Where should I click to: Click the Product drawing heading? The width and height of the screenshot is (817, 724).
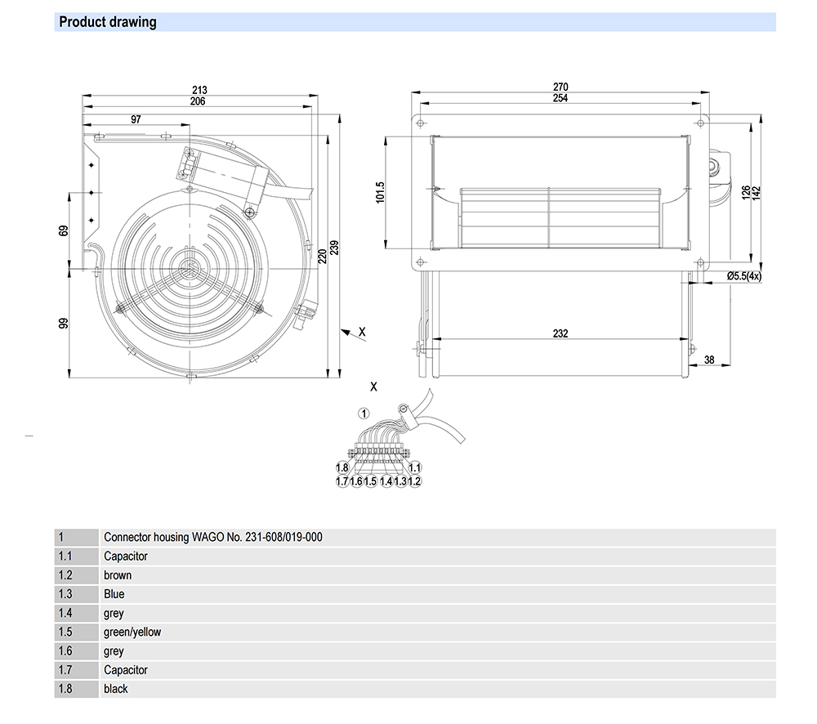(108, 22)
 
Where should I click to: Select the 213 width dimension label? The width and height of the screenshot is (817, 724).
(199, 90)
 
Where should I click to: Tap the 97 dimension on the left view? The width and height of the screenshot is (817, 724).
(136, 119)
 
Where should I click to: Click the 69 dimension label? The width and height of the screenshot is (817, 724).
(64, 231)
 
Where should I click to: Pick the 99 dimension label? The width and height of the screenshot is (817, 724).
(64, 324)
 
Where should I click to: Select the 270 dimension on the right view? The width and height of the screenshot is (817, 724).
(560, 87)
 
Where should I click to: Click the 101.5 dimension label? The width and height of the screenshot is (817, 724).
(380, 193)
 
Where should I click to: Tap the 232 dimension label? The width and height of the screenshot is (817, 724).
(560, 333)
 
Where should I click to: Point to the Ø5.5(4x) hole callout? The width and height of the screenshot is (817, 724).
(744, 276)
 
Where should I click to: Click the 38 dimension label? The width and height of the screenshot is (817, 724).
(709, 360)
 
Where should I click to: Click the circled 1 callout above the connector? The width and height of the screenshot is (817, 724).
(365, 413)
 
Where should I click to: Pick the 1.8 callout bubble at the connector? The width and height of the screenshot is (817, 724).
(342, 467)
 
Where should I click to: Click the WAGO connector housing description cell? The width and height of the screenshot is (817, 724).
(212, 537)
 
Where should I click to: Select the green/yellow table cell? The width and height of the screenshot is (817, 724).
(132, 632)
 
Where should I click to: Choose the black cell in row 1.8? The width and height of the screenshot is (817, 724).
(116, 689)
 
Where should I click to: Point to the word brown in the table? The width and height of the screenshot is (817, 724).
(118, 575)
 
